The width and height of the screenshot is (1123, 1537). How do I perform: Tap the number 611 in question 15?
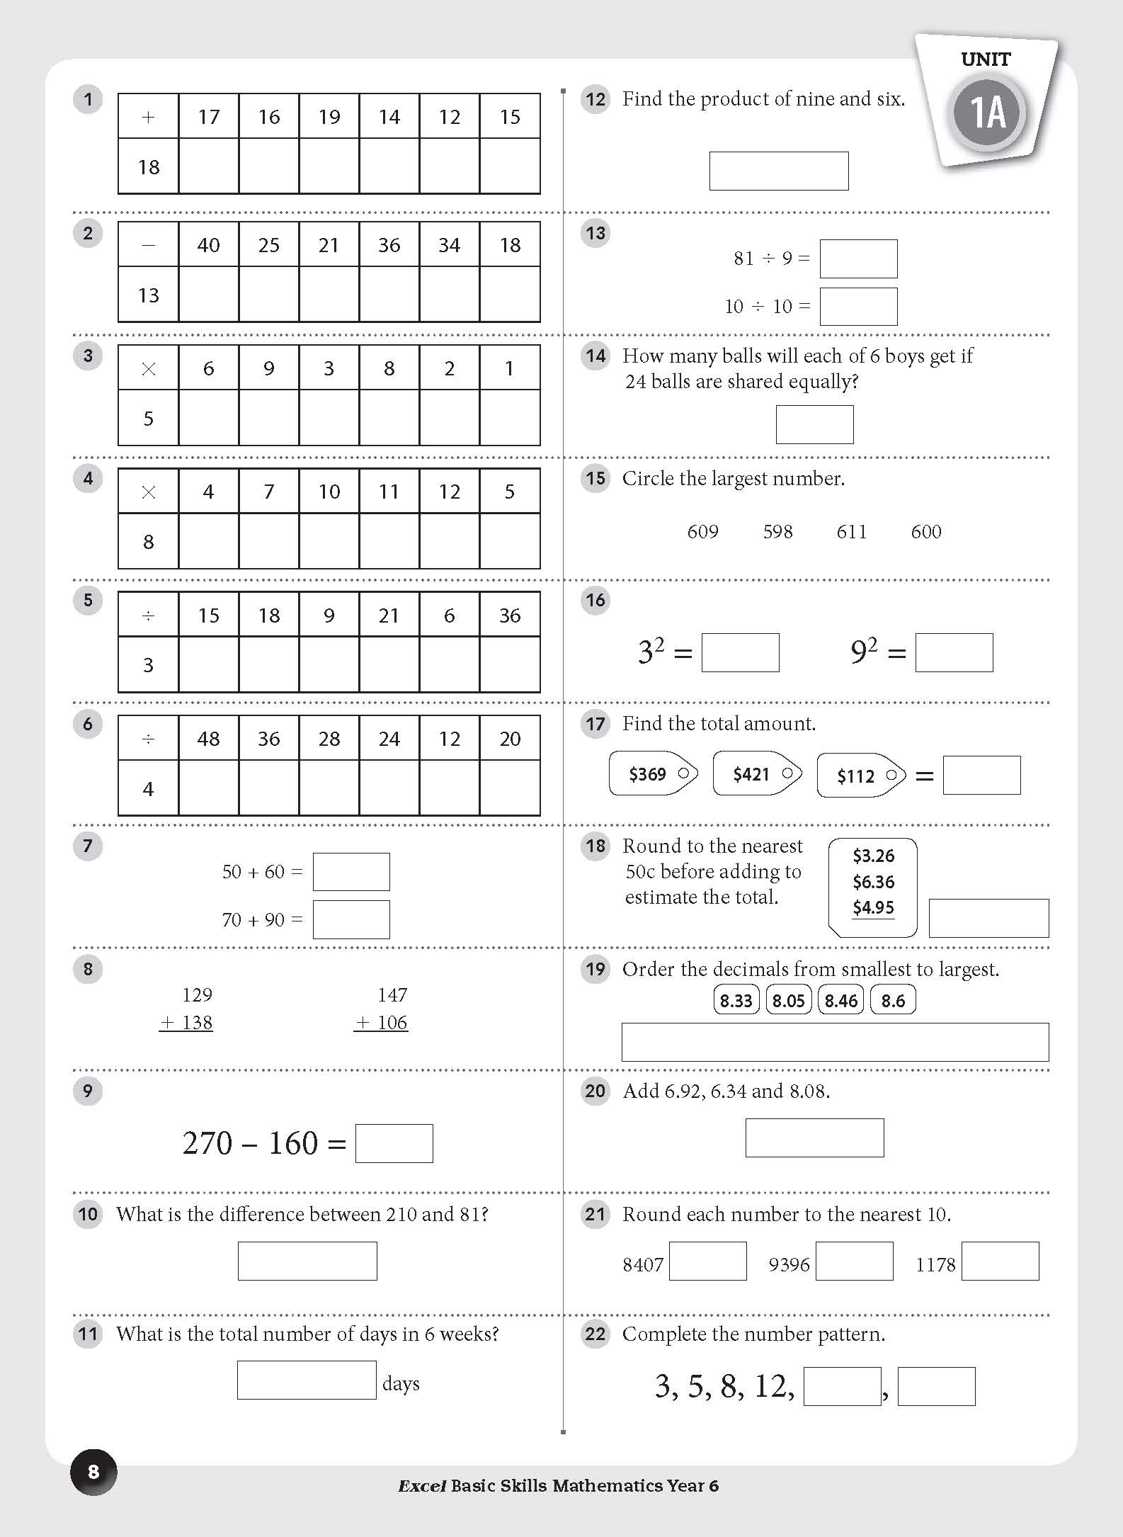point(851,532)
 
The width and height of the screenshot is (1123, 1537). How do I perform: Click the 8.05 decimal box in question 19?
point(788,1001)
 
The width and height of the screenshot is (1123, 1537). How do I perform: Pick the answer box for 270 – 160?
point(394,1143)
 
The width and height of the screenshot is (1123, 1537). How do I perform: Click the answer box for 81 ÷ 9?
point(858,259)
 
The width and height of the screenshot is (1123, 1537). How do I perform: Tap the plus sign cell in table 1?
point(148,117)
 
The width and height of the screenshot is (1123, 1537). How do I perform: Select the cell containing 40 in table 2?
point(208,245)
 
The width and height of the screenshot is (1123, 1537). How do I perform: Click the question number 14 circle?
point(595,356)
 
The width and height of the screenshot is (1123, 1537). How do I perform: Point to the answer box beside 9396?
point(854,1261)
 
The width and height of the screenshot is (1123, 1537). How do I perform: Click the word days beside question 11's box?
point(401,1383)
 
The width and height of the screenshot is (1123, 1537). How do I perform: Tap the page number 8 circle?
point(93,1472)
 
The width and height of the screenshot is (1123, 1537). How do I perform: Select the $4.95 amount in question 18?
point(873,907)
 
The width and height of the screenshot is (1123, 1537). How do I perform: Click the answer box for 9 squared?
point(954,652)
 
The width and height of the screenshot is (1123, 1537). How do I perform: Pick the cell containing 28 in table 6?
point(329,739)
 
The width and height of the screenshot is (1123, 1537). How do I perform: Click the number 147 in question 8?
point(392,995)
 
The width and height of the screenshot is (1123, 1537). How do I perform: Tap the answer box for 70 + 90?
point(351,919)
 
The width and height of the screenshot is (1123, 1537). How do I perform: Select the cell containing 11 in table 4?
point(389,492)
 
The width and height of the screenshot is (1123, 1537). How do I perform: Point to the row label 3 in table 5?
point(148,664)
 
